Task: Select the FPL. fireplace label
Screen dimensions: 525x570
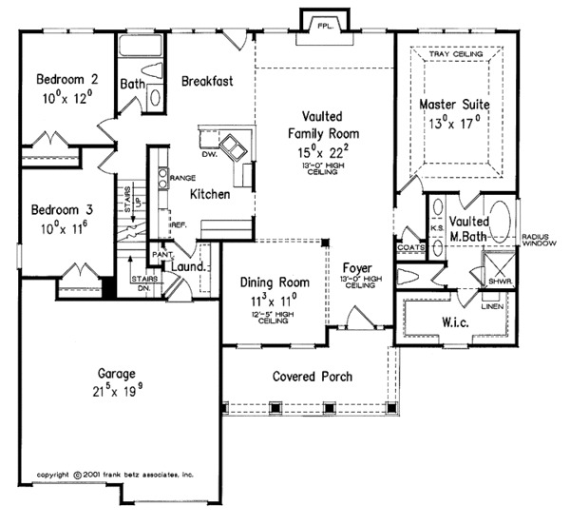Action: click(x=325, y=23)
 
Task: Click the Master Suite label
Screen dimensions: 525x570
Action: click(x=457, y=104)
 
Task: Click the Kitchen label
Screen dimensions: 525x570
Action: click(x=209, y=194)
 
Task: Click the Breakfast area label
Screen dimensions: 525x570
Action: click(x=207, y=82)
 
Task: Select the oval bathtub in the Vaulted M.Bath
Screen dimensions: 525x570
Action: click(x=498, y=218)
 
